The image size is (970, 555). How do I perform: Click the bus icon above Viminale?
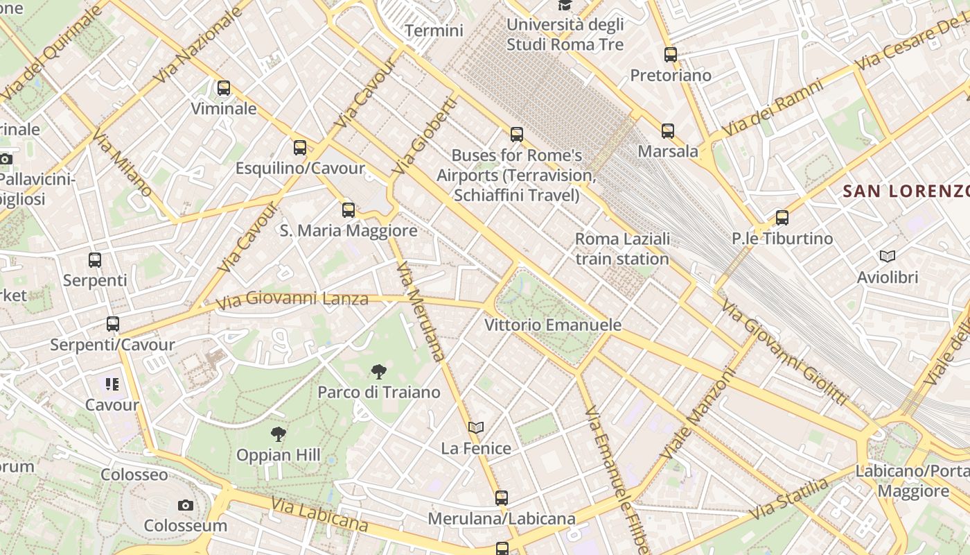click(x=223, y=88)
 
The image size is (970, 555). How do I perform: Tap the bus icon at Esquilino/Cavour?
click(x=299, y=147)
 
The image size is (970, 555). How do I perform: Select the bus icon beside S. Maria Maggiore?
click(x=348, y=210)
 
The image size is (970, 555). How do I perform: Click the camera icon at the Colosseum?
click(x=185, y=505)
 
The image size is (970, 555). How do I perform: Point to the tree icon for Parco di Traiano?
click(x=378, y=372)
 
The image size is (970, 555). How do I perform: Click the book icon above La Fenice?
click(x=475, y=427)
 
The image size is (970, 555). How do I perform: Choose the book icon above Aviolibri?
click(x=887, y=257)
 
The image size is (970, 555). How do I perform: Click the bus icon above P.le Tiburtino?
click(x=782, y=218)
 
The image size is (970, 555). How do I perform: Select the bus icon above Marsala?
click(x=667, y=130)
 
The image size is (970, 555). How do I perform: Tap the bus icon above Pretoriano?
click(x=670, y=54)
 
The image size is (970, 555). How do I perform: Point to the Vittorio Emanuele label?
click(x=552, y=325)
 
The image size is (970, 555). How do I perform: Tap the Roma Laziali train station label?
click(x=622, y=249)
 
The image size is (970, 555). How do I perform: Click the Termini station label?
click(x=434, y=31)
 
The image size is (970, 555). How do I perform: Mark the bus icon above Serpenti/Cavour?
click(x=112, y=324)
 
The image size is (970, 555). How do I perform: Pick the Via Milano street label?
click(x=122, y=164)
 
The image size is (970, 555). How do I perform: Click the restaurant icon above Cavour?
click(x=112, y=384)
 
